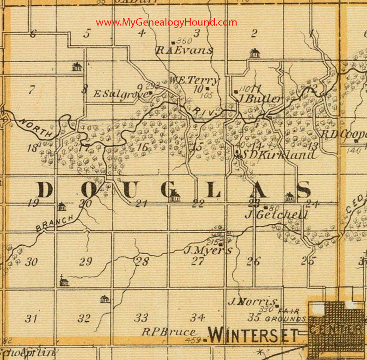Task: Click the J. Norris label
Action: (253, 302)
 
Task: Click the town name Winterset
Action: (253, 335)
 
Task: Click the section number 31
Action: (31, 319)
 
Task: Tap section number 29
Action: (85, 262)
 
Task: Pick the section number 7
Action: (31, 90)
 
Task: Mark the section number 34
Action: (198, 318)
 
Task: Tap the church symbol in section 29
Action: (64, 281)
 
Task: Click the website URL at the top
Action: (166, 22)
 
